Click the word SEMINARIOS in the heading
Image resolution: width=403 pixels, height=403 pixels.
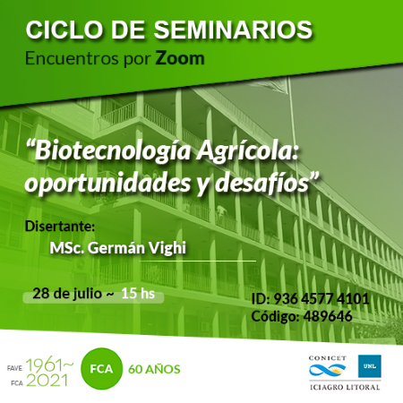(x=233, y=30)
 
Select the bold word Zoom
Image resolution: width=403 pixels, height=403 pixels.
(x=180, y=58)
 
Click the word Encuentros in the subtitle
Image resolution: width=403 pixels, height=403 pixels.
(x=72, y=58)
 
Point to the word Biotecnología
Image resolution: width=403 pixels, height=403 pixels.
(x=112, y=152)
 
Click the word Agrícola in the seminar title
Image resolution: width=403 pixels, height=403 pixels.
(x=247, y=151)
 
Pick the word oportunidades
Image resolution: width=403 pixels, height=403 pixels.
(x=107, y=184)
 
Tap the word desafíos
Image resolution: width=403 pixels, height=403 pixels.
(x=262, y=184)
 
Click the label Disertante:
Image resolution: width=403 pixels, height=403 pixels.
(x=60, y=227)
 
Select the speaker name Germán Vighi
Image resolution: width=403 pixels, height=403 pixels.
(x=137, y=248)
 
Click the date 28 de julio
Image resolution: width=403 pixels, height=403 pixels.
(x=67, y=294)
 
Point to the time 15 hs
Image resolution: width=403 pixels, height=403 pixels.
(x=138, y=294)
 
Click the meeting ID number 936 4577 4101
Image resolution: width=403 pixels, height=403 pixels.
(x=322, y=299)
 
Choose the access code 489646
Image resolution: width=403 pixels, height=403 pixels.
(x=328, y=316)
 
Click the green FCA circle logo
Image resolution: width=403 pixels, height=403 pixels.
(x=101, y=369)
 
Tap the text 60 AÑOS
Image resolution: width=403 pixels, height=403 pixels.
(x=154, y=369)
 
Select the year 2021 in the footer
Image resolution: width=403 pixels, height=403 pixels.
(x=47, y=381)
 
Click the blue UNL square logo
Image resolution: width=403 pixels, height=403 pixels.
(x=370, y=366)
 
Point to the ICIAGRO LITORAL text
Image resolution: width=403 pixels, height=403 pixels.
(x=345, y=388)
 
